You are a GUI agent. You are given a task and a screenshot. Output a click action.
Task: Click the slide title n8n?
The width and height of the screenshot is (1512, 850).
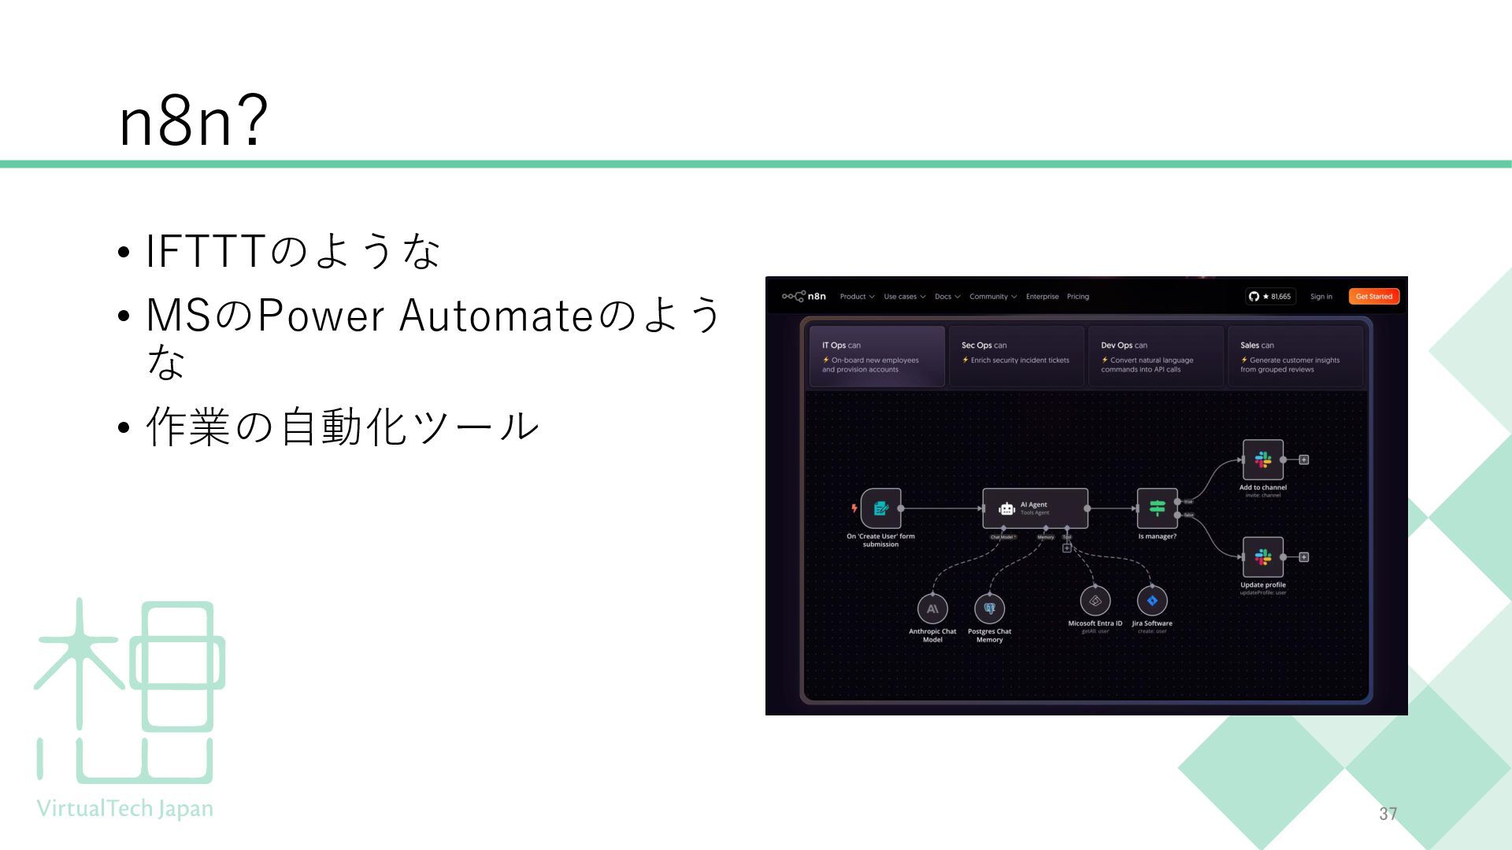point(194,121)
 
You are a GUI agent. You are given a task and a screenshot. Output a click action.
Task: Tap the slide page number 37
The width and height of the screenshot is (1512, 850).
point(1388,814)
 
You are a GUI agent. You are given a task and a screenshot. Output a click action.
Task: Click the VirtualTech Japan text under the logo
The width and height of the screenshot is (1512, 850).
point(125,808)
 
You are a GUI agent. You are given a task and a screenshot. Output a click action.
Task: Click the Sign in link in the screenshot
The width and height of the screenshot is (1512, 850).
point(1321,297)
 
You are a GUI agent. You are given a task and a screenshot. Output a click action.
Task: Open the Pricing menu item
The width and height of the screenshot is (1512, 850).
point(1077,297)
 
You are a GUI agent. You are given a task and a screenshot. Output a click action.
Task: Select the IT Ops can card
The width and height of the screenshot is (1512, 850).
point(876,357)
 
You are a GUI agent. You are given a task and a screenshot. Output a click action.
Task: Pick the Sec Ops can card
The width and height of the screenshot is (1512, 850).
point(1016,357)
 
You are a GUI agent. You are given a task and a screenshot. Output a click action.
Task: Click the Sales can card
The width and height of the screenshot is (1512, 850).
point(1295,357)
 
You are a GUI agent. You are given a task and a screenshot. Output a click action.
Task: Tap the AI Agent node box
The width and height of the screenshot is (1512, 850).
point(1035,508)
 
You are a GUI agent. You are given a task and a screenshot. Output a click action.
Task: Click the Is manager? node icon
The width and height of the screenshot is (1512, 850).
point(1157,508)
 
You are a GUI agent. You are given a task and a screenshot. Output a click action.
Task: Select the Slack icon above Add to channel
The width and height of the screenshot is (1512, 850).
point(1262,460)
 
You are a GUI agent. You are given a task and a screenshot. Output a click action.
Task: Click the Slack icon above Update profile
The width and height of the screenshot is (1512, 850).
point(1262,557)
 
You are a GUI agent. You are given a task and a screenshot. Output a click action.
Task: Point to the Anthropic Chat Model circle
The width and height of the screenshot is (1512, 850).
point(932,608)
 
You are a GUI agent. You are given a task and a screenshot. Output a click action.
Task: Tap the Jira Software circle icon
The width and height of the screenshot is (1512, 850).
point(1152,601)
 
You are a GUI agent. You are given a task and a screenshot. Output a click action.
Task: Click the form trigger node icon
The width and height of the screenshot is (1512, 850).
point(880,508)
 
